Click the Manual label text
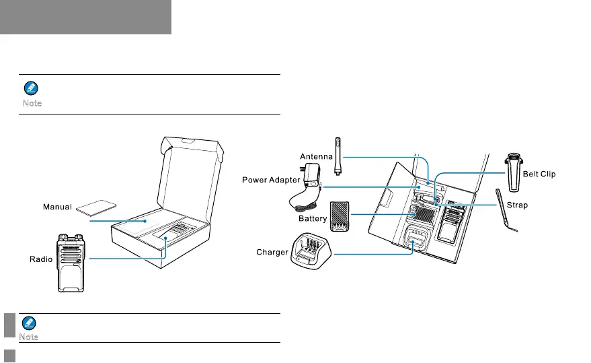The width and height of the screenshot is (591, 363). point(57,206)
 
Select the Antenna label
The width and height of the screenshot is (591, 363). point(316,157)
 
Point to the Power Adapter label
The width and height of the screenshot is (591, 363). point(271,180)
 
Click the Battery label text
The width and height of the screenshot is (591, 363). point(313,218)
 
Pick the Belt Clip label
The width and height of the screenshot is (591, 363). point(539,174)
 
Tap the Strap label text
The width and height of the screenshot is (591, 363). point(537,205)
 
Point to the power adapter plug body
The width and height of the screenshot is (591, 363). point(312,176)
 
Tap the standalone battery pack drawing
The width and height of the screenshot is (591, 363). point(341,216)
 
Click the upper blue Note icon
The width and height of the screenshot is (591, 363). point(31,88)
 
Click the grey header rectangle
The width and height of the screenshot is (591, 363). point(85,17)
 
